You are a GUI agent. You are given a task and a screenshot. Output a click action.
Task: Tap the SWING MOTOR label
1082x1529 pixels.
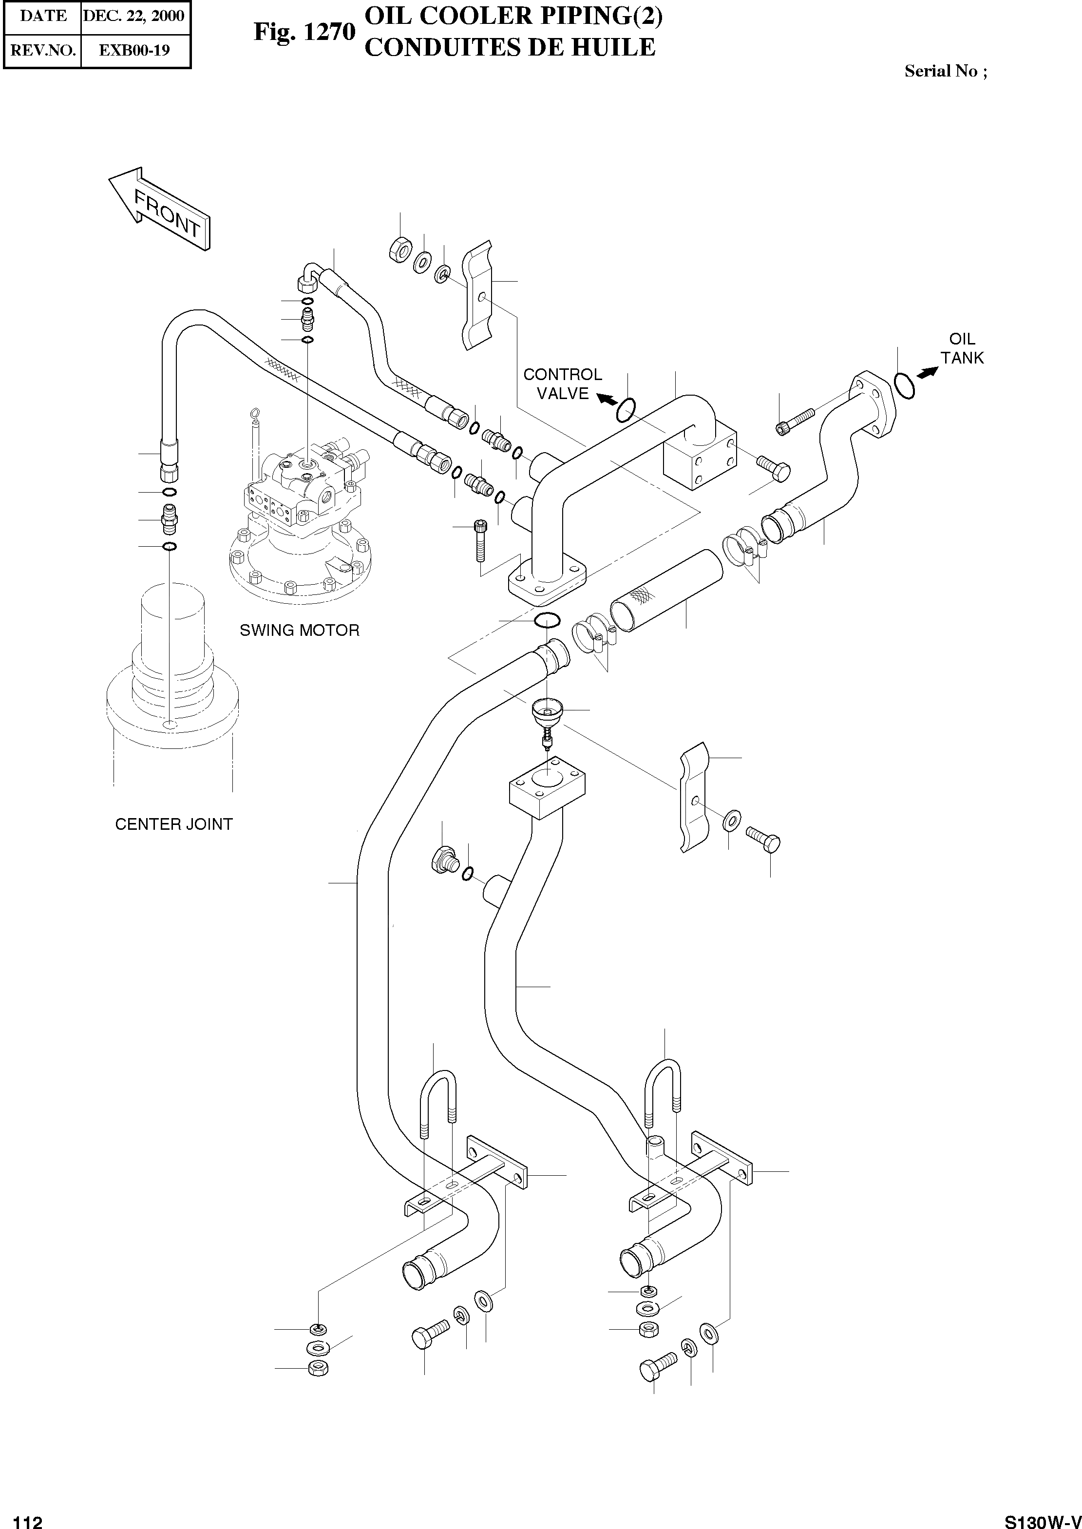pyautogui.click(x=299, y=630)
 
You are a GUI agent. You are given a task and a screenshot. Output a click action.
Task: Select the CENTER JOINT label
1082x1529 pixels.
pyautogui.click(x=174, y=824)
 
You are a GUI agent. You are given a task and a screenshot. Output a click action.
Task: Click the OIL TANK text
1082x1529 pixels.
pyautogui.click(x=961, y=348)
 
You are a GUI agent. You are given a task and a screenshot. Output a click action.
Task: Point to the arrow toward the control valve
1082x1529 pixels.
pyautogui.click(x=607, y=399)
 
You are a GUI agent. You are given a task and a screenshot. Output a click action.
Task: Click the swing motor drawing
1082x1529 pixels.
pyautogui.click(x=300, y=520)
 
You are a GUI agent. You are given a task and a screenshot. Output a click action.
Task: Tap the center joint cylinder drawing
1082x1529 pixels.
pyautogui.click(x=172, y=673)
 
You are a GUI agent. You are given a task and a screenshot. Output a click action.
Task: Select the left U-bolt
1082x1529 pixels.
pyautogui.click(x=437, y=1111)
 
